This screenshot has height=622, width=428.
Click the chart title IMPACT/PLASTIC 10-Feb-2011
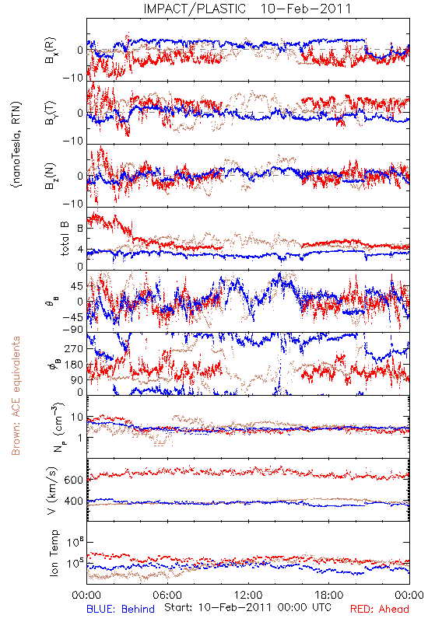[x=247, y=9]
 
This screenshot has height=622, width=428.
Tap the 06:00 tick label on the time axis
[x=167, y=595]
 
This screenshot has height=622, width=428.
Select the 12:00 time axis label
[x=248, y=595]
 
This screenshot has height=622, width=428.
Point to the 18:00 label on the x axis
[x=329, y=595]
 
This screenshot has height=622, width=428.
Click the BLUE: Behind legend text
[x=121, y=609]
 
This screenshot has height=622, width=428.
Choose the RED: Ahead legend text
[x=380, y=609]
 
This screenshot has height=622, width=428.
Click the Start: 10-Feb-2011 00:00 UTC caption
[x=247, y=607]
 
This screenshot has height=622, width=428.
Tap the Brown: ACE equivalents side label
[x=16, y=396]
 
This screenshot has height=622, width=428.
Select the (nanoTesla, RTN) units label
[x=16, y=145]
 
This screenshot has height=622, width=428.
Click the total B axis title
[x=65, y=239]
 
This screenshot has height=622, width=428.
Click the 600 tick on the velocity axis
[x=73, y=480]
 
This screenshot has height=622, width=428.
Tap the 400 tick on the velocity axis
[x=73, y=501]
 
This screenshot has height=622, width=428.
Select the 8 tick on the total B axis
[x=80, y=229]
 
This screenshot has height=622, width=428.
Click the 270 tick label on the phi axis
[x=74, y=348]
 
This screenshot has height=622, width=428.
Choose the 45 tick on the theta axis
[x=77, y=286]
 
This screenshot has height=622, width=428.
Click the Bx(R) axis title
[x=51, y=51]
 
